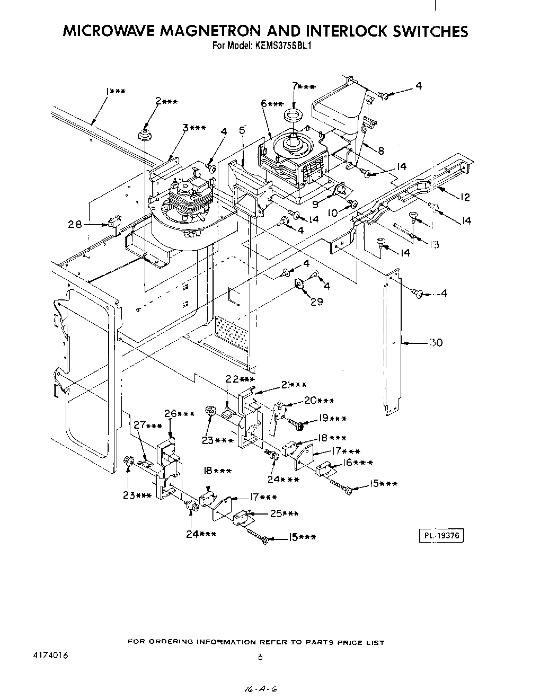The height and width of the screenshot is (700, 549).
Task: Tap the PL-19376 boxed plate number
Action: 441,536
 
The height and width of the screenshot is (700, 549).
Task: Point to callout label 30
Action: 436,343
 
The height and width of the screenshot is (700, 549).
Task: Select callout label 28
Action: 75,225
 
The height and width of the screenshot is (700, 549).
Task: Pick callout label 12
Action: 465,197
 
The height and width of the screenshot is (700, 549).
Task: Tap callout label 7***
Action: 304,86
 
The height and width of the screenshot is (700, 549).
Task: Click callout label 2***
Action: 166,102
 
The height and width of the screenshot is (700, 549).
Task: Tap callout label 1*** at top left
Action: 115,92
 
